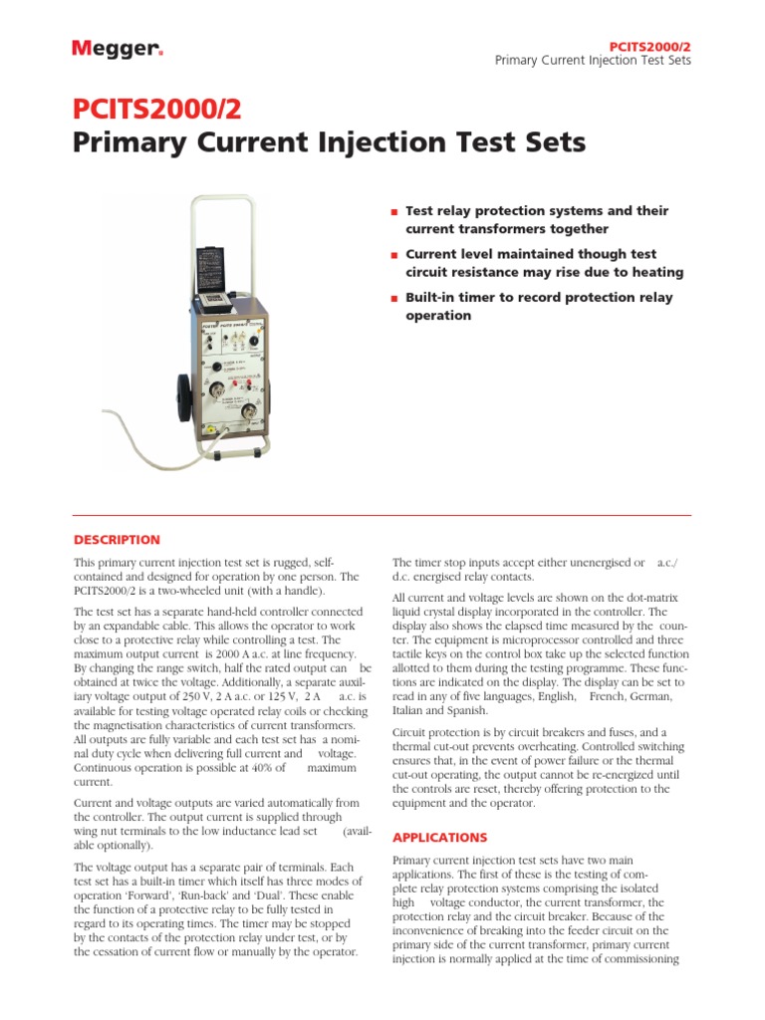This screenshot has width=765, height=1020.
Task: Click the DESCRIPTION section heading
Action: tap(117, 540)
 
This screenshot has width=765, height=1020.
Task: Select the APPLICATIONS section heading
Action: tap(439, 838)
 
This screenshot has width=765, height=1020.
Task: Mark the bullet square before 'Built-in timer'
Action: tap(395, 299)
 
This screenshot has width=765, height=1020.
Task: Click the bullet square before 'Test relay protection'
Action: tap(395, 212)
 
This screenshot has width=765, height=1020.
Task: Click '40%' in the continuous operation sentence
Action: tap(269, 768)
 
